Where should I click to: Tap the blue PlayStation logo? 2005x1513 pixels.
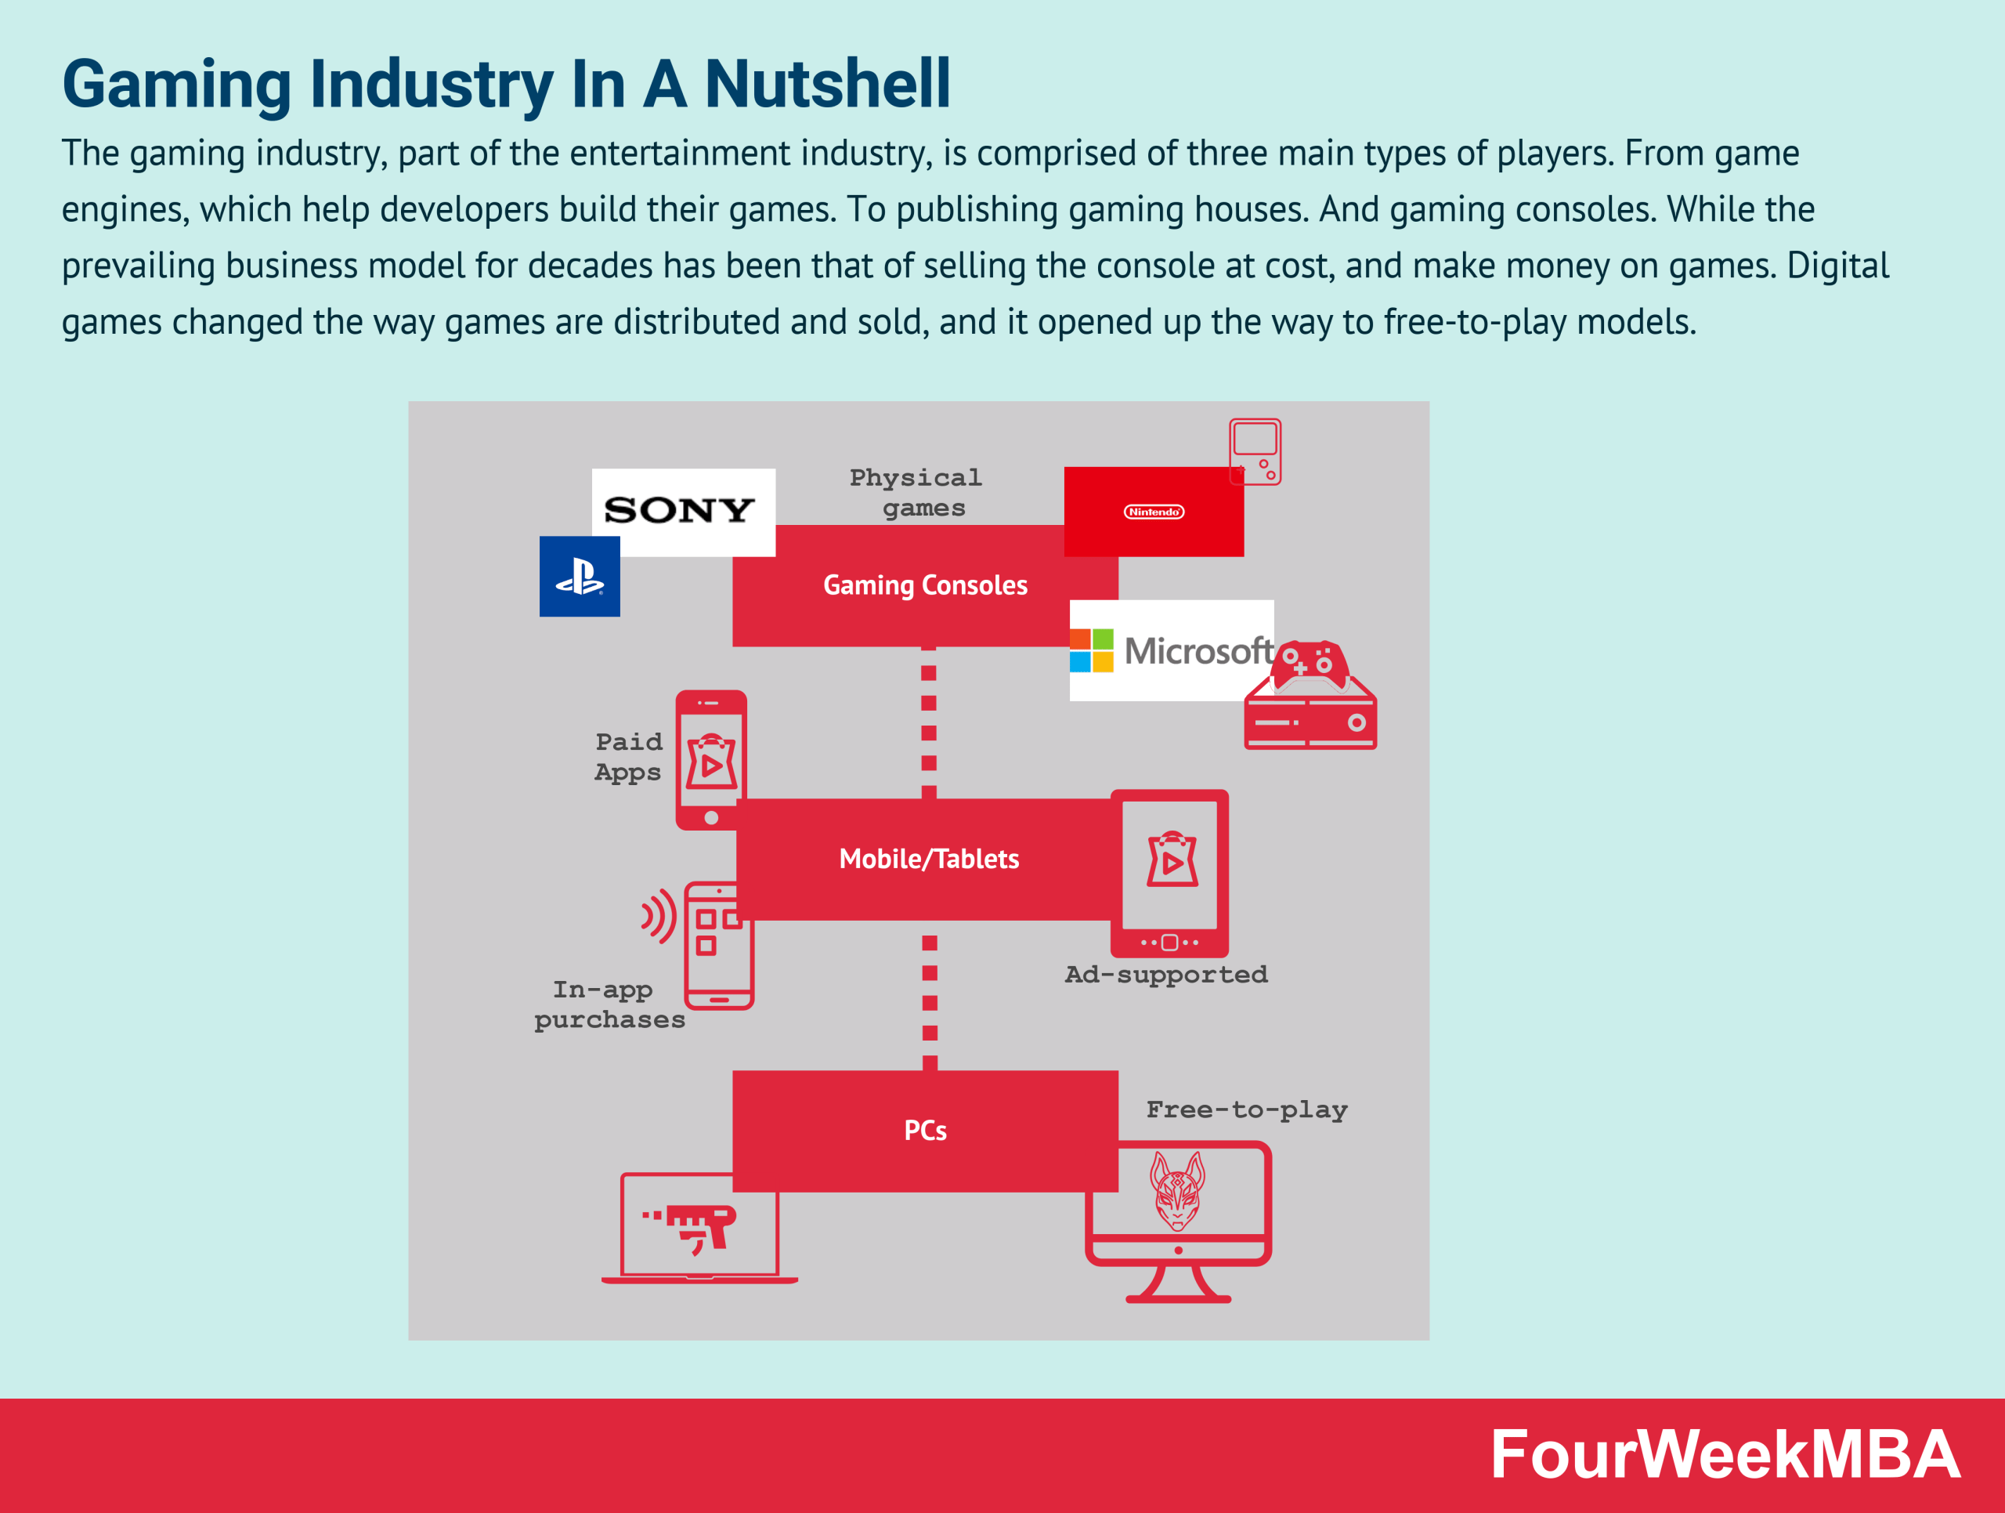580,577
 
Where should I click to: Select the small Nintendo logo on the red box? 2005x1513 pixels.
1153,512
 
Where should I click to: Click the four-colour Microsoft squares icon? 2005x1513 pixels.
1091,650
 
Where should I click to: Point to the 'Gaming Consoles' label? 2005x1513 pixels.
924,585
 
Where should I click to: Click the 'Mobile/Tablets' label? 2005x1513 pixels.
928,859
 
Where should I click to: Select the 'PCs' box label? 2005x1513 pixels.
924,1131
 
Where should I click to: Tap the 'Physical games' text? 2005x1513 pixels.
916,492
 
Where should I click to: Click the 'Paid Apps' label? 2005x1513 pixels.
628,757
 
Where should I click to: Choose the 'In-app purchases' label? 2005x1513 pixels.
609,1004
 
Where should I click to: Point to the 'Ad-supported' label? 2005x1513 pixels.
1165,975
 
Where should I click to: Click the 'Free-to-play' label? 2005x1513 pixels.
1246,1109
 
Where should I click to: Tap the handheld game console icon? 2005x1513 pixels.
1255,451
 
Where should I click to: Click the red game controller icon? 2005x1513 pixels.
1309,664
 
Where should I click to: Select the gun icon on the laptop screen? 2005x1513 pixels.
698,1226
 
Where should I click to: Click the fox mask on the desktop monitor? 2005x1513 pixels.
1176,1190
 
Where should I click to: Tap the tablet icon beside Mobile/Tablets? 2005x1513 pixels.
1169,873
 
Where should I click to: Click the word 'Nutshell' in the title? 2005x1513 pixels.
826,85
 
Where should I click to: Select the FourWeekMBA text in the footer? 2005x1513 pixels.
1724,1455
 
